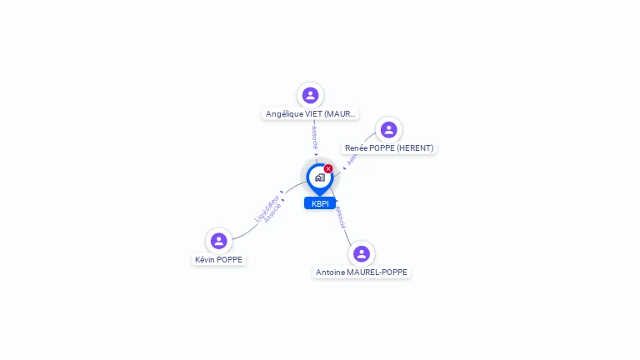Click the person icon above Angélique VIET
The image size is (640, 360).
tap(310, 95)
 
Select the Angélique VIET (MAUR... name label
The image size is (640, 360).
tap(311, 113)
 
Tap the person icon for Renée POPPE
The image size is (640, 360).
tap(388, 130)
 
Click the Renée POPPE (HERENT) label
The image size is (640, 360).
tap(389, 148)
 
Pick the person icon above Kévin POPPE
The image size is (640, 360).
tap(219, 241)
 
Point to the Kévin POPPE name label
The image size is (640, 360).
tap(219, 259)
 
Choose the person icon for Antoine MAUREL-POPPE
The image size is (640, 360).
tap(361, 253)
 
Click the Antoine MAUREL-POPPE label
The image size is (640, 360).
tap(362, 272)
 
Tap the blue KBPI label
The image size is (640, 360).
tap(320, 203)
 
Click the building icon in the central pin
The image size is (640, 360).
tap(319, 177)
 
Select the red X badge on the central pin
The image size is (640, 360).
tap(328, 169)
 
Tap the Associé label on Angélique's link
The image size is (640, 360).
tap(315, 137)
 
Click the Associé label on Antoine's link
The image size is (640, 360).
tap(340, 217)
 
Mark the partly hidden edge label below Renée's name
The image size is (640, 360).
tap(352, 160)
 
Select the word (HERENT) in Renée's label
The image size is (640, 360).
tap(415, 148)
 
